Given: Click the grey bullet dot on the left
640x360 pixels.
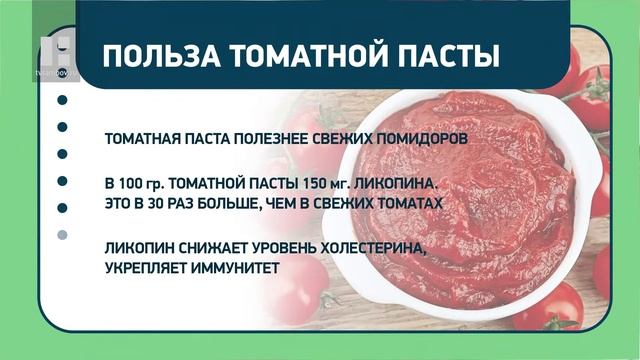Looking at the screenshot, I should pyautogui.click(x=62, y=234).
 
